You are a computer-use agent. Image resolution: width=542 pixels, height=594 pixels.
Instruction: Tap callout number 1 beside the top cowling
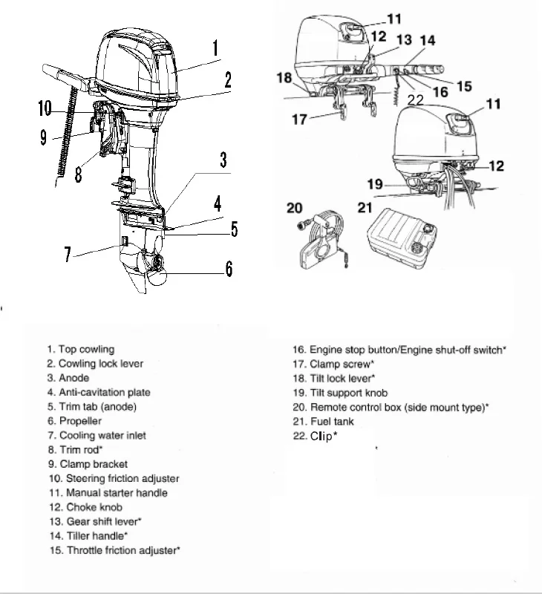pyautogui.click(x=215, y=49)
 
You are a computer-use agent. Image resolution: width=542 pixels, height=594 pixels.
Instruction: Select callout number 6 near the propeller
pyautogui.click(x=228, y=269)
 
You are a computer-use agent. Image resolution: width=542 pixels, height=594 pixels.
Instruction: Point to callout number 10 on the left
pyautogui.click(x=45, y=109)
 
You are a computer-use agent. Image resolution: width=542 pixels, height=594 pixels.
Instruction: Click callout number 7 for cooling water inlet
pyautogui.click(x=68, y=255)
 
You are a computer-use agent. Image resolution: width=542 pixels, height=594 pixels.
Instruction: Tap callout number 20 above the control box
pyautogui.click(x=295, y=209)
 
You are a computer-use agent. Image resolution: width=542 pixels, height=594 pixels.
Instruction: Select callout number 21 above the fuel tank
pyautogui.click(x=365, y=209)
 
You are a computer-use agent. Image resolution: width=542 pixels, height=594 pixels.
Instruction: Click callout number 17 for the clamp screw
pyautogui.click(x=299, y=119)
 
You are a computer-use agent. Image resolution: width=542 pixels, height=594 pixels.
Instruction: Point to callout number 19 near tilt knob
pyautogui.click(x=376, y=183)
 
